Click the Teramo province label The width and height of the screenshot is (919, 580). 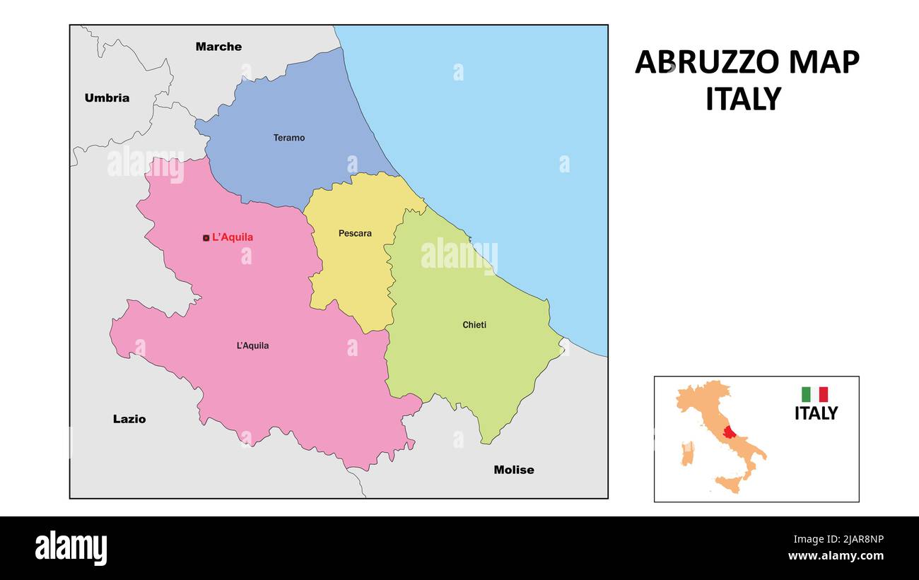(289, 138)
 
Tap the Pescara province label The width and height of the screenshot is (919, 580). (355, 233)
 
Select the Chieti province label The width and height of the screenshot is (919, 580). (474, 325)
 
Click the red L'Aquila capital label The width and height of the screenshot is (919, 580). (233, 237)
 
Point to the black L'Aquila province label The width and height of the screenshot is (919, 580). (252, 345)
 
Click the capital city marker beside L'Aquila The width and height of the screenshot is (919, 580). (206, 238)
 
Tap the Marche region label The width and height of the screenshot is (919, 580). (218, 47)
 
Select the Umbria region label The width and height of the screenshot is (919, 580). (107, 98)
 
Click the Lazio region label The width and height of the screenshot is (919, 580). (129, 419)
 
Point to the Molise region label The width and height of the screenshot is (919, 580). (514, 470)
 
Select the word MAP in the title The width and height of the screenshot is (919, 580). (824, 63)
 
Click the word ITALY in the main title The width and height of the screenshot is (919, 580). (743, 100)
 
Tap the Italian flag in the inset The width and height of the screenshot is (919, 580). (814, 394)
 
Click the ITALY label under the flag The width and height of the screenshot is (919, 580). (816, 413)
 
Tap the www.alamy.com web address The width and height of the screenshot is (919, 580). (836, 556)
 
